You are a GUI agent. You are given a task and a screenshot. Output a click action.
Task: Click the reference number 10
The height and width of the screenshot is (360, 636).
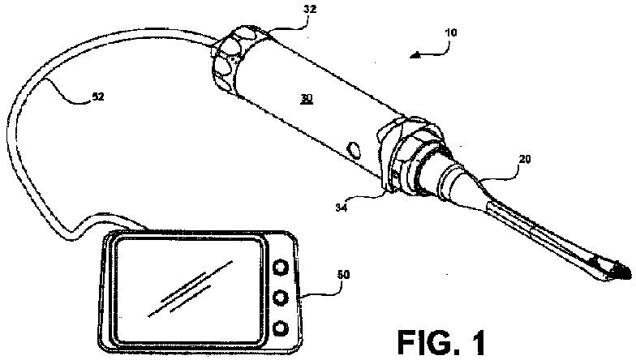coord(450,35)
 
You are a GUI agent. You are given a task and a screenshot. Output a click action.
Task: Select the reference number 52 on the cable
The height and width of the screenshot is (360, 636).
coord(97,96)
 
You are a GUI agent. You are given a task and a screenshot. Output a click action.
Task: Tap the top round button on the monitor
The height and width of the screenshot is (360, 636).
coord(281,267)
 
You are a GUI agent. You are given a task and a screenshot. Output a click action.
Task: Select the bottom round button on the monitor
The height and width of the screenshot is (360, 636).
coord(281,328)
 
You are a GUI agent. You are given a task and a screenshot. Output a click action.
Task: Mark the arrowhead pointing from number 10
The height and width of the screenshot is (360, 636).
coord(415,55)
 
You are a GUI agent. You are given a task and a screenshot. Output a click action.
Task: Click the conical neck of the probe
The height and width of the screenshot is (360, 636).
coord(462,183)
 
